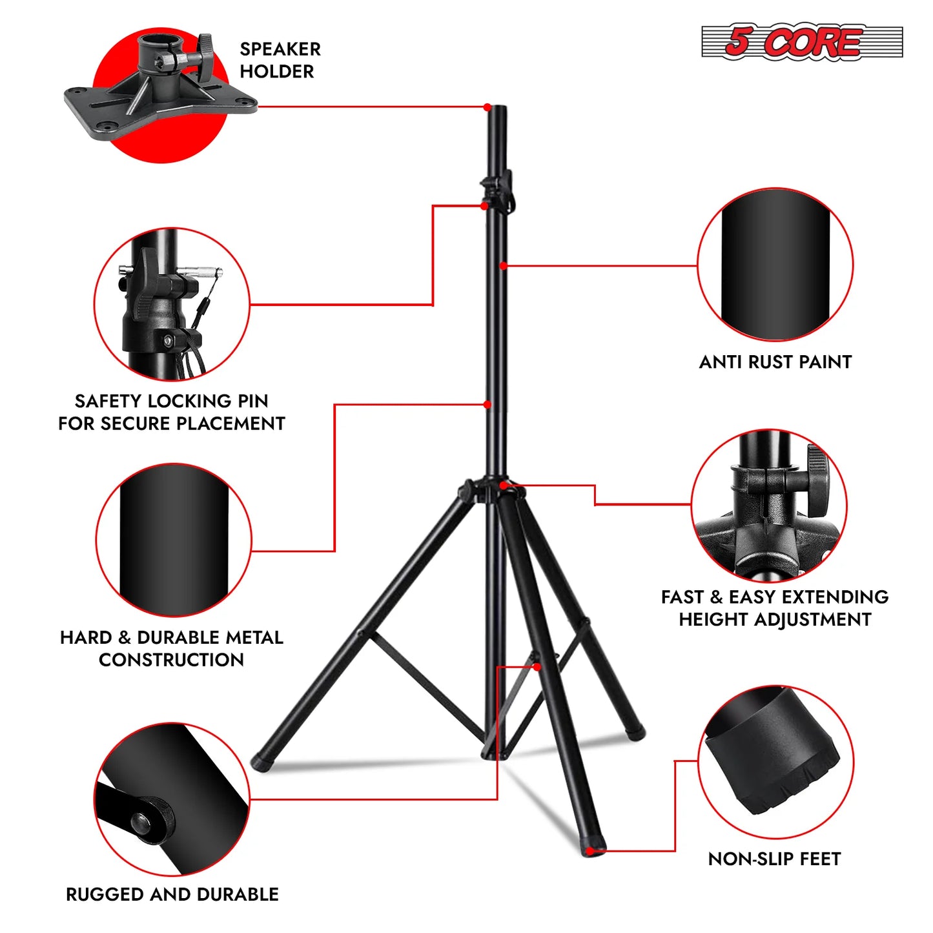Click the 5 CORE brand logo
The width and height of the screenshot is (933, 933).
pos(801,43)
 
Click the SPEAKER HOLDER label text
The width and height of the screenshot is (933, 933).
pos(280,60)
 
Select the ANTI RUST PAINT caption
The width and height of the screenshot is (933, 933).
pos(775,362)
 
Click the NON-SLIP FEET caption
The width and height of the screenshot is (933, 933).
pos(774,859)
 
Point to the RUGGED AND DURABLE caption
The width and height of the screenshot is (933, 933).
pos(172,894)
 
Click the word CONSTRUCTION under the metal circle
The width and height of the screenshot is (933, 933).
pos(172,660)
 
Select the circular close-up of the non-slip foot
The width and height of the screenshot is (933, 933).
pos(775,762)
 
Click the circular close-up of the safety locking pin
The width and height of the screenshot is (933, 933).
pos(172,303)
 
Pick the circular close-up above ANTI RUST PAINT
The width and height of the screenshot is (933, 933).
pos(775,265)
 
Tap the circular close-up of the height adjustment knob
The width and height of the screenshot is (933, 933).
pos(768,506)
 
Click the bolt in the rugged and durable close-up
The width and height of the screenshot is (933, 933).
pos(141,822)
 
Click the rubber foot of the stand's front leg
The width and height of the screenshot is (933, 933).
pos(593,848)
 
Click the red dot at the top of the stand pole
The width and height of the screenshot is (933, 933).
pos(487,107)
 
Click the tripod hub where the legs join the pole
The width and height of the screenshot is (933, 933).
pos(492,491)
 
